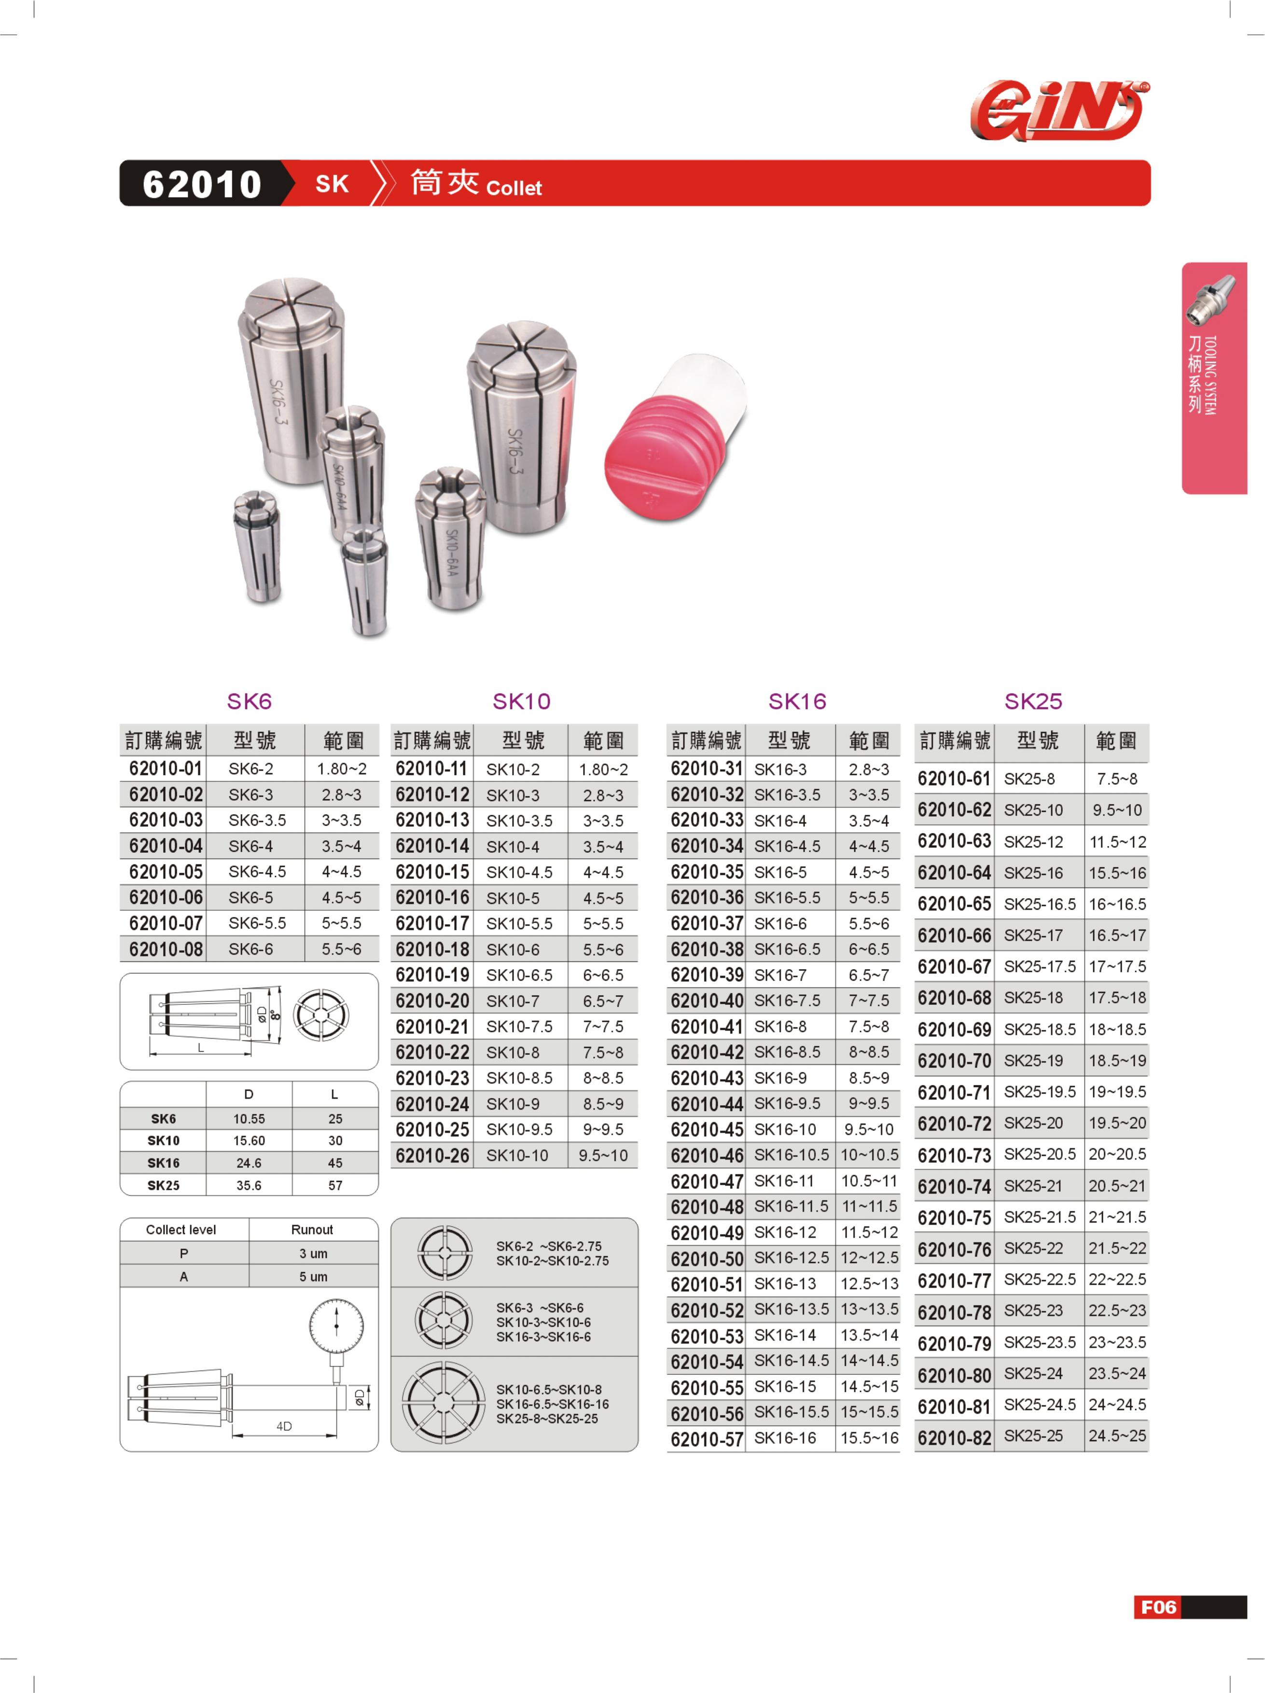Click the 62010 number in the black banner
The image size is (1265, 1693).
pyautogui.click(x=202, y=184)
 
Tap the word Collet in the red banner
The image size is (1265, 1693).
pyautogui.click(x=514, y=188)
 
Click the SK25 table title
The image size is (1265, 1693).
pyautogui.click(x=1033, y=701)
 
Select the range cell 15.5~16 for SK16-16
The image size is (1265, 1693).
pyautogui.click(x=869, y=1438)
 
